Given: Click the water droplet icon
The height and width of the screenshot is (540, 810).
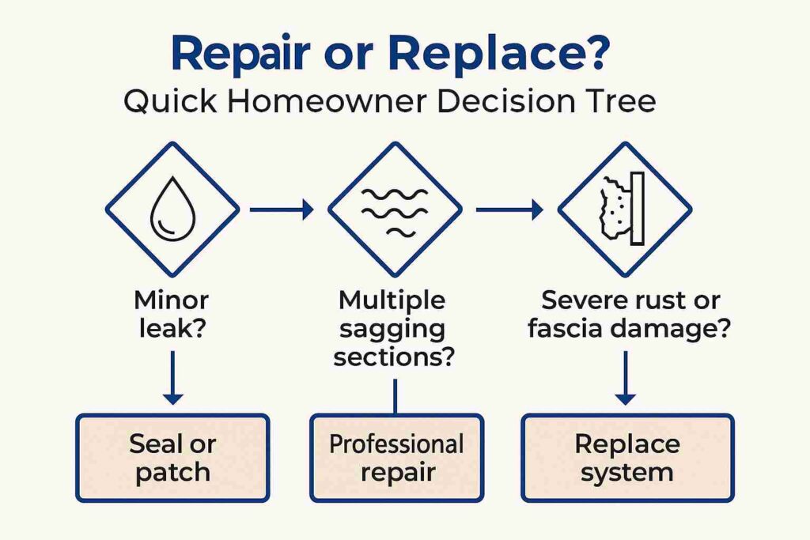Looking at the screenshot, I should [172, 210].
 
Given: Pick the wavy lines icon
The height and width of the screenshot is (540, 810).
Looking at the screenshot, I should [395, 210].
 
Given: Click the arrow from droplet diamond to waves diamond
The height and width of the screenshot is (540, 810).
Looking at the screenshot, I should [281, 210].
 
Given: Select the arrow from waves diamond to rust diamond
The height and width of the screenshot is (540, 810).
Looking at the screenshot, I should [509, 210].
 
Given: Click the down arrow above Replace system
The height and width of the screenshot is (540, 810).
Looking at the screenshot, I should [625, 377].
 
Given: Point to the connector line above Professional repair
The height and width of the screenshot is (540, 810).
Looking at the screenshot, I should [395, 395].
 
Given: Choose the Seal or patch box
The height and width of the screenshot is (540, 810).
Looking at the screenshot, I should [172, 458].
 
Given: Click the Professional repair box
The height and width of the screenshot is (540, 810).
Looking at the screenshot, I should [396, 458].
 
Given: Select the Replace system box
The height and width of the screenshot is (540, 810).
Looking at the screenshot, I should [626, 458].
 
